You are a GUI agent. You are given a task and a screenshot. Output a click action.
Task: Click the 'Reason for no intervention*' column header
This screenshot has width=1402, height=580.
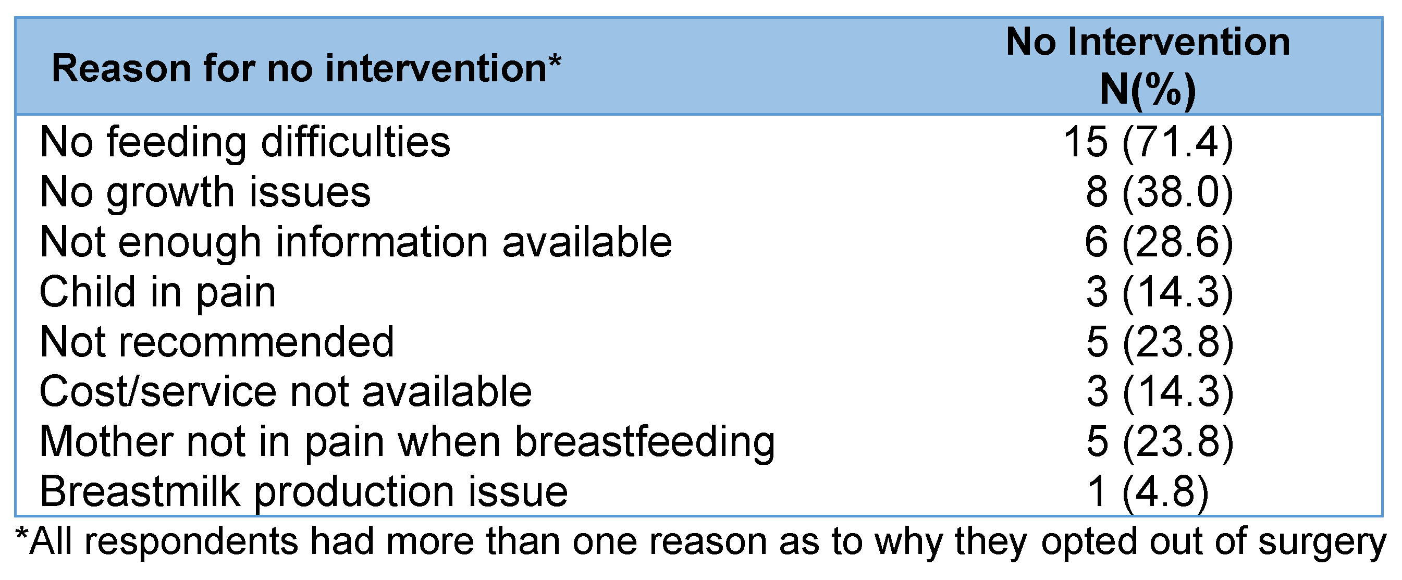click(306, 69)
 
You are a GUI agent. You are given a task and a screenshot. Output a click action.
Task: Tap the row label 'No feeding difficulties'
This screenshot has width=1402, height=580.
click(245, 143)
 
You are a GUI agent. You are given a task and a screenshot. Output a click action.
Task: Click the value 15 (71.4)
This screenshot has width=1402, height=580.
click(1148, 143)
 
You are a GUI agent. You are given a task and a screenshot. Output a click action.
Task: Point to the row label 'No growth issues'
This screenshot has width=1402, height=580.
click(205, 193)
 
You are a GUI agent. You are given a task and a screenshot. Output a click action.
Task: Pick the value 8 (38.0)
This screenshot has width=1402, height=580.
click(1159, 193)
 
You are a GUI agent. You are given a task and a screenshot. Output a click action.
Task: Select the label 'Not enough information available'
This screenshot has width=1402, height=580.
click(356, 242)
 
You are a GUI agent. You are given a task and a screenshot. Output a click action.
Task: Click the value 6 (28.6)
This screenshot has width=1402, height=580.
click(1159, 242)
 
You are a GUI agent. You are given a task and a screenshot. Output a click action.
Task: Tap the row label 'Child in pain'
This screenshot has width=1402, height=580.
click(158, 293)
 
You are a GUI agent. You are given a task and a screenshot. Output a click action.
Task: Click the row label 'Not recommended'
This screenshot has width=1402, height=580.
click(217, 342)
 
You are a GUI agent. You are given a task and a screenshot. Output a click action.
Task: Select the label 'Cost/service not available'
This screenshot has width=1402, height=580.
click(286, 392)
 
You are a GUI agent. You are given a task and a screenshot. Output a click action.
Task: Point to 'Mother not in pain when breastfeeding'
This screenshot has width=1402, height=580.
click(407, 442)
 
